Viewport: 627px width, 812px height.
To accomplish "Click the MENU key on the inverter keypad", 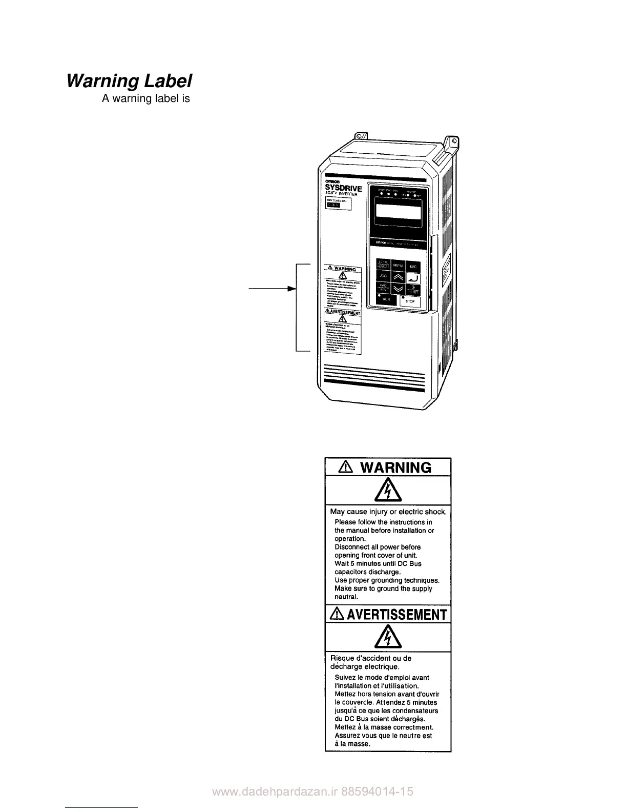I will (x=398, y=266).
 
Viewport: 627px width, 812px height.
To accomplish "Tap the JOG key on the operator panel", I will (x=383, y=277).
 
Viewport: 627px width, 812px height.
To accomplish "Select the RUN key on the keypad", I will (x=386, y=299).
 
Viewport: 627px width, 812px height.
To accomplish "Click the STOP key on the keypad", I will (x=410, y=301).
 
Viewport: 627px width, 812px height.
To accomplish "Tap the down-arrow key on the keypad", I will (x=398, y=289).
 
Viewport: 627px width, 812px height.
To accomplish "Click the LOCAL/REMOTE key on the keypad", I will (x=383, y=265).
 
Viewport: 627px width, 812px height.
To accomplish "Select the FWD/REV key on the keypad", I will (x=383, y=288).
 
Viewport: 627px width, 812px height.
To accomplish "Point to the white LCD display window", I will (x=397, y=211).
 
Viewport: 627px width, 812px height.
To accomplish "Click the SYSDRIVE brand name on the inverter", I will (x=344, y=189).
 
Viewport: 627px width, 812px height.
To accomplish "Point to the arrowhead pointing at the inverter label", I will (x=293, y=289).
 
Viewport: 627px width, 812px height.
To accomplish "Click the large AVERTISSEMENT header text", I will (x=396, y=615).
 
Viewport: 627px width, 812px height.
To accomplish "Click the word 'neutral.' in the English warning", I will (x=346, y=597).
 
